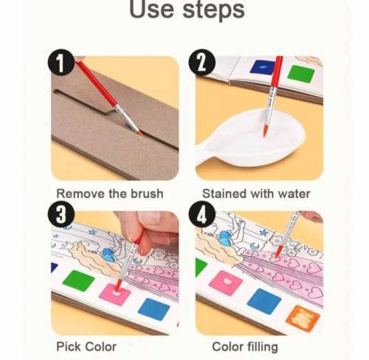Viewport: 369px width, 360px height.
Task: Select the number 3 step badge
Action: pos(61,214)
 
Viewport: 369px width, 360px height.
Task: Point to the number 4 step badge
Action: pos(202,214)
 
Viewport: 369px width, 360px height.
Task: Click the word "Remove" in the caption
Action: pos(80,193)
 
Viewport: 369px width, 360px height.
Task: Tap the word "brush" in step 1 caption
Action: pos(147,193)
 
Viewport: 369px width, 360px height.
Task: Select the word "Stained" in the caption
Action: pos(224,193)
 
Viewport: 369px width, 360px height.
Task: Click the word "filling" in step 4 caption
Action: pos(263,347)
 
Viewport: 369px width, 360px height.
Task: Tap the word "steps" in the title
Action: pos(214,10)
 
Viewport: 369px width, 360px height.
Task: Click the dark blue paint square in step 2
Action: pos(262,67)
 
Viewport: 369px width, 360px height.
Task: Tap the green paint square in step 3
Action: pos(78,280)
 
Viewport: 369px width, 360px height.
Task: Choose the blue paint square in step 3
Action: pos(154,309)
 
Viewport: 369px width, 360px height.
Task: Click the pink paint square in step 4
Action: pos(226,283)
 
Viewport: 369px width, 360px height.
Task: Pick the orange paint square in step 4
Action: pos(303,317)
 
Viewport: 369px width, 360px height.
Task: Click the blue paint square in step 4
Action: pos(264,302)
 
